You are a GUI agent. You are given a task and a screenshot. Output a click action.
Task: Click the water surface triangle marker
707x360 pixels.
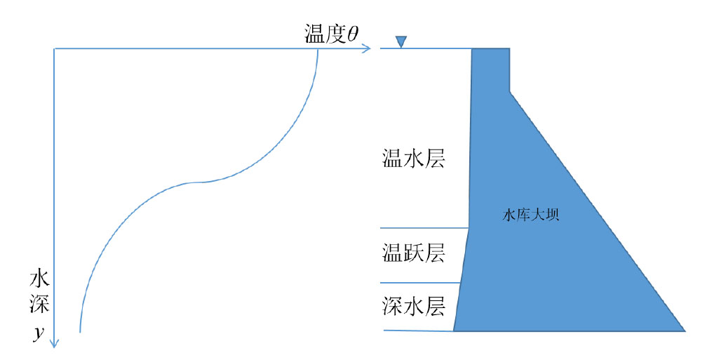tap(401, 41)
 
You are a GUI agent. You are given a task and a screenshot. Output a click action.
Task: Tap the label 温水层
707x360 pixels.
tap(414, 159)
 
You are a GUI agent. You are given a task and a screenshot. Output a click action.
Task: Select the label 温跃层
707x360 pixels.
tap(414, 253)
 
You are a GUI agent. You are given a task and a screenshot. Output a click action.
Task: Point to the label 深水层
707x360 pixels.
tap(414, 306)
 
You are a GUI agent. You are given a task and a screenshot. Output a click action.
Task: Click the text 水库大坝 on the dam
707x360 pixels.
tap(531, 214)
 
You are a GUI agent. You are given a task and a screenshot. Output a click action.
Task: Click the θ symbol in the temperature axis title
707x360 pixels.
tap(353, 34)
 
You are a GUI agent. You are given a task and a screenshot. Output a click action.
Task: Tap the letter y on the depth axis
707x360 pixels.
tap(39, 333)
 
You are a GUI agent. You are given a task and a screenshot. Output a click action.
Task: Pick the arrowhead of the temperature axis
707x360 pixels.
tap(367, 48)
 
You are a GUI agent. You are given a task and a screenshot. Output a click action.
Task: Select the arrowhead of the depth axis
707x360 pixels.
tap(54, 344)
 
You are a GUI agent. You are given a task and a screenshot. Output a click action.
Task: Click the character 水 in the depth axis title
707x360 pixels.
tap(39, 279)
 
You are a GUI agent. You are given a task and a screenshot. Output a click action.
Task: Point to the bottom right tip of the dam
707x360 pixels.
tap(685, 331)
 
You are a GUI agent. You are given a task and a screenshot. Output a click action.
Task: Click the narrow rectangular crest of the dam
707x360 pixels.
tap(490, 70)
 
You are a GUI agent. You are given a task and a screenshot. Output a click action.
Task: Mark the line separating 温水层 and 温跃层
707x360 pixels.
tap(424, 228)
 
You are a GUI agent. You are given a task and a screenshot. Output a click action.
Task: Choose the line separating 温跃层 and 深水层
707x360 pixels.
tap(420, 283)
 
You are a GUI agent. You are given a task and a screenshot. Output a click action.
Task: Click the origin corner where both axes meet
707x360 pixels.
tap(54, 48)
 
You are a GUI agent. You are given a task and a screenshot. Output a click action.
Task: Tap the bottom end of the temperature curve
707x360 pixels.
tap(80, 332)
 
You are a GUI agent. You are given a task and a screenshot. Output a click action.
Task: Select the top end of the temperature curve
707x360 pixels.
tap(318, 49)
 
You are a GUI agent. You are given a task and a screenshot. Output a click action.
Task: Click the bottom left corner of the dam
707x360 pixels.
tap(453, 331)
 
